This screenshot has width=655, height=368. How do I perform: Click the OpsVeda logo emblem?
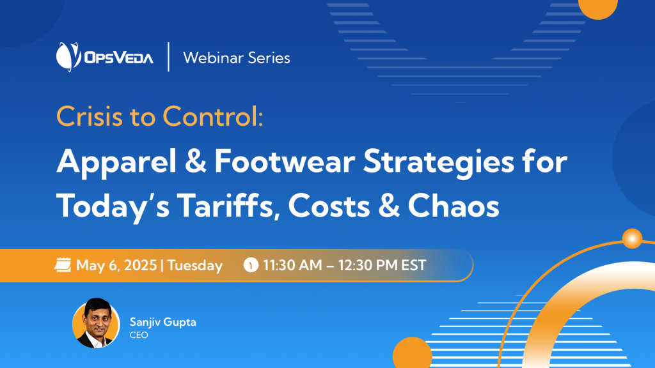68,57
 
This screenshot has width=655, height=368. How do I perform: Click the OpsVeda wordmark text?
119,57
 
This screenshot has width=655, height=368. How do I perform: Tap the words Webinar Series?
237,57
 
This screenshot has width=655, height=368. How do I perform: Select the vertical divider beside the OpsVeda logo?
168,57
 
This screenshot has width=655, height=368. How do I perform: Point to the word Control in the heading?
212,116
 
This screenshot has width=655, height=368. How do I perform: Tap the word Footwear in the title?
285,162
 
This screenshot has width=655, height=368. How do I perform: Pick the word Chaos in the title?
454,206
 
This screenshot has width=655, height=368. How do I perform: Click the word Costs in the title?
329,206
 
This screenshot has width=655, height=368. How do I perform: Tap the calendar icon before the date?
63,265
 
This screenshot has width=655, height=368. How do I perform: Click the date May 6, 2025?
116,265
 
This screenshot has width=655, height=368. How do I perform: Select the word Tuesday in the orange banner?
195,266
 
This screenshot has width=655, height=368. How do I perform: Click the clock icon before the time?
251,265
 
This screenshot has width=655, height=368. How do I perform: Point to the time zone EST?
414,265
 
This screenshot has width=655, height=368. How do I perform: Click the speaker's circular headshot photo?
96,323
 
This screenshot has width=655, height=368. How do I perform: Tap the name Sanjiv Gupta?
163,322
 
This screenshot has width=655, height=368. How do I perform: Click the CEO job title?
139,335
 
